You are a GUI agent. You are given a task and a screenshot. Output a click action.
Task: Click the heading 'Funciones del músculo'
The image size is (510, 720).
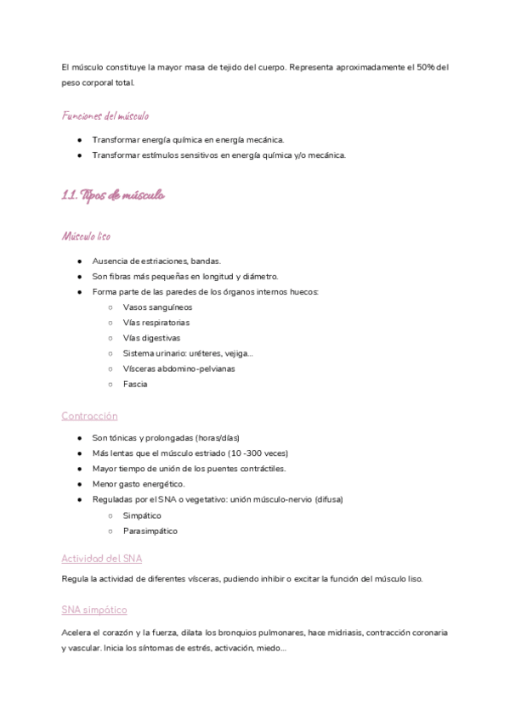pyautogui.click(x=105, y=115)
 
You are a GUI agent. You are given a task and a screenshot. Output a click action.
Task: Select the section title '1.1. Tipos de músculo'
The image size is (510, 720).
pyautogui.click(x=113, y=195)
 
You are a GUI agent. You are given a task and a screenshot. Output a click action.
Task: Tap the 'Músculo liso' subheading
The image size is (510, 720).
pyautogui.click(x=86, y=235)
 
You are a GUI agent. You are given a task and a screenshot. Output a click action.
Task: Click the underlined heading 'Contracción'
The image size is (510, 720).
pyautogui.click(x=89, y=416)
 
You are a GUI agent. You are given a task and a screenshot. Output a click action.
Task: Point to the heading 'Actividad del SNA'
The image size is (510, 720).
pyautogui.click(x=101, y=558)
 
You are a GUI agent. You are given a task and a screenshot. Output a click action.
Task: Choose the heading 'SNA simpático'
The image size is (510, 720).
pyautogui.click(x=94, y=610)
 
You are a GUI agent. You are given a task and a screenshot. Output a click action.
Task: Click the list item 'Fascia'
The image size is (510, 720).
pyautogui.click(x=135, y=384)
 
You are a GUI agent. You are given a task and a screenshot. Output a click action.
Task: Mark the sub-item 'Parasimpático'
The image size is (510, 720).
pyautogui.click(x=150, y=531)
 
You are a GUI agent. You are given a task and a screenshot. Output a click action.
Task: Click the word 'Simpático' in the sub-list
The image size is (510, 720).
pyautogui.click(x=142, y=515)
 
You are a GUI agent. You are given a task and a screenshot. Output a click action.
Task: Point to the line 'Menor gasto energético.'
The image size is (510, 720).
pyautogui.click(x=139, y=484)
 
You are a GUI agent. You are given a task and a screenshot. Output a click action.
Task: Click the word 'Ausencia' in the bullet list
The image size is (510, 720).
pyautogui.click(x=110, y=261)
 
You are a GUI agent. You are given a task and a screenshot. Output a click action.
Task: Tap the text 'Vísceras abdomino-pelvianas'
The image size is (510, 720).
pyautogui.click(x=178, y=368)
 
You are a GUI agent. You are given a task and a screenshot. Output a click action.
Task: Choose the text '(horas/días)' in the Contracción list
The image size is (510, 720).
pyautogui.click(x=217, y=437)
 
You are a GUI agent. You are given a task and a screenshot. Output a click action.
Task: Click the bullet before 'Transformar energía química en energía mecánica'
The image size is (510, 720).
pyautogui.click(x=78, y=139)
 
